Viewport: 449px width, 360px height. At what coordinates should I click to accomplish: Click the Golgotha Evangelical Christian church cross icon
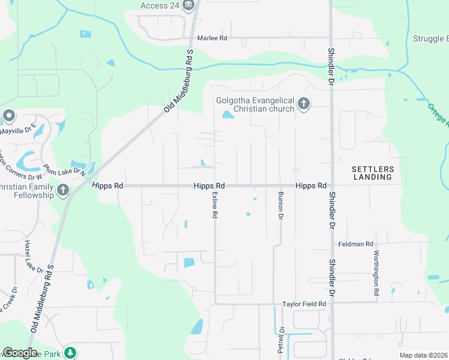point(304,104)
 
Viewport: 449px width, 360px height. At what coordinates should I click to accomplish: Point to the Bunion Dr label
point(280,205)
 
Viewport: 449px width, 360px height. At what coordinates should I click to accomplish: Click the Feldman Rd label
point(356,244)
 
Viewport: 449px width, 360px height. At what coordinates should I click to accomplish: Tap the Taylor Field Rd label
point(304,304)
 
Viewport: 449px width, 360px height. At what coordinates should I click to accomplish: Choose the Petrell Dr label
point(280,340)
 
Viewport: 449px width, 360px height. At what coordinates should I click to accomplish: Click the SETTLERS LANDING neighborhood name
point(372,173)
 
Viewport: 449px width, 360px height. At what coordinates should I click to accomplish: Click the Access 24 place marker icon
point(189,6)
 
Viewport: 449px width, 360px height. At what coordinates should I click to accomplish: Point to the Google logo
point(20,353)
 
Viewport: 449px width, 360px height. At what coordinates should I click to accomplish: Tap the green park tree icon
point(71,352)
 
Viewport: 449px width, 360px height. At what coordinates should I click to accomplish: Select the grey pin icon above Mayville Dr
point(8,115)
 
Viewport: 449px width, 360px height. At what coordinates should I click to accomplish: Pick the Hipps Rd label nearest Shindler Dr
point(310,186)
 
